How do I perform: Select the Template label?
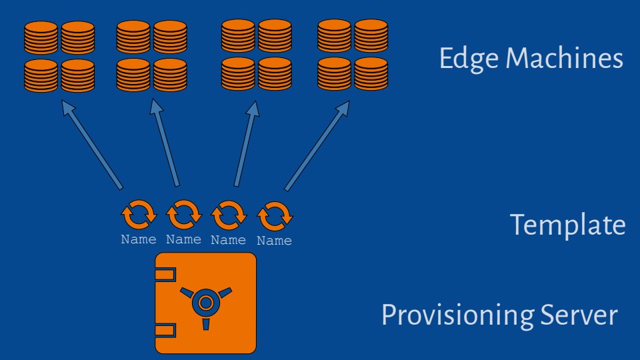(568, 225)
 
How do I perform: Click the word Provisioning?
(457, 315)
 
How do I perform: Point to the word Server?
(579, 315)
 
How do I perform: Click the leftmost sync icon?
(139, 215)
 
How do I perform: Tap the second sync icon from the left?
(183, 215)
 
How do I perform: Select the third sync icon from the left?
(228, 215)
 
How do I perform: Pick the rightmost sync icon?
(274, 216)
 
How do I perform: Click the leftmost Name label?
(139, 239)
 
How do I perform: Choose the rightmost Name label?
(274, 241)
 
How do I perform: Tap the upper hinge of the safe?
(165, 274)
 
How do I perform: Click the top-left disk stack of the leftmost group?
(41, 39)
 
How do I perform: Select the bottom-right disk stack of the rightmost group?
(371, 74)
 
